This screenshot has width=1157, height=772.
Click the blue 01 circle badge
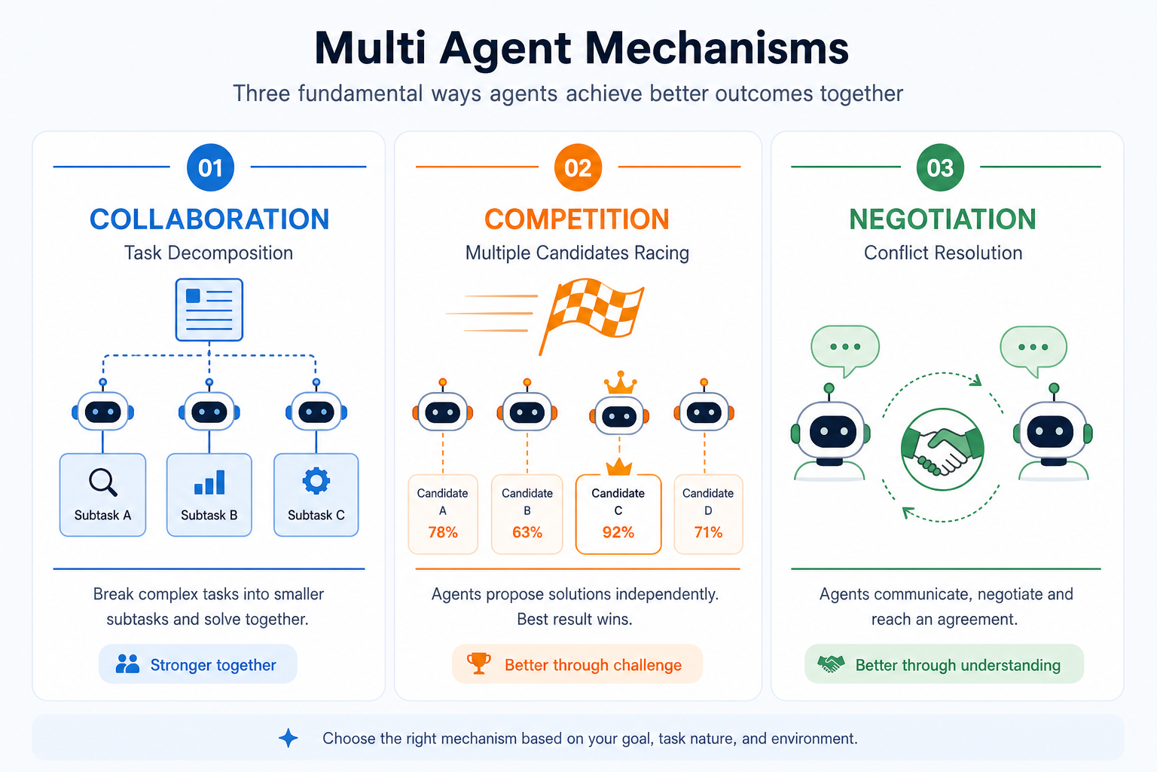tap(210, 167)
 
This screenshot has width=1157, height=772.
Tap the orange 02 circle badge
tap(578, 167)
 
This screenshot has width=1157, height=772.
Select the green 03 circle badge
tap(940, 167)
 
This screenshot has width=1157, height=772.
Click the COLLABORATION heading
tap(209, 219)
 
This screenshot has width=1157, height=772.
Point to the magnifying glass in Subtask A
tap(102, 482)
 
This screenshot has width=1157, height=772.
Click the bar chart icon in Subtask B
tap(209, 482)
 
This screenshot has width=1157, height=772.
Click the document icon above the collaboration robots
tap(209, 310)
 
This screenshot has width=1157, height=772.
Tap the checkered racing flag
tap(592, 314)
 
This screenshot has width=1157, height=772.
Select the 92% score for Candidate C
tap(618, 532)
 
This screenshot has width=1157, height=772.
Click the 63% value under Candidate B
tap(527, 532)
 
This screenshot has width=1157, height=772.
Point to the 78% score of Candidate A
tap(443, 532)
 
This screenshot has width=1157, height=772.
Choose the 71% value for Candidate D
tap(708, 532)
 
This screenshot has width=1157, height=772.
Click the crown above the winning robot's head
tap(621, 383)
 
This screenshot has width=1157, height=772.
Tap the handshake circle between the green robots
tap(942, 449)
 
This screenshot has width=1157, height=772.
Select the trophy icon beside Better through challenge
tap(479, 663)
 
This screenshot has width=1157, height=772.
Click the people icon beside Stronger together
tap(127, 663)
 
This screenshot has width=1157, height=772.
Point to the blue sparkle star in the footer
tap(288, 738)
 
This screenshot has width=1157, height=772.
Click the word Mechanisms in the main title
tap(717, 48)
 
